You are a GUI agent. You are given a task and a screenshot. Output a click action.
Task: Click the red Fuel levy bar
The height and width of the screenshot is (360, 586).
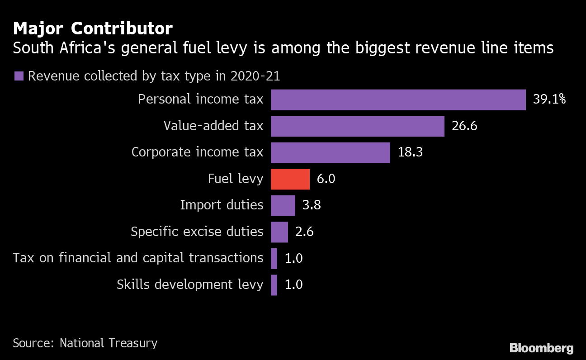coord(290,179)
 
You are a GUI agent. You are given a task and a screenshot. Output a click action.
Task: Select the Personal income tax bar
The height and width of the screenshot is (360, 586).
coord(398,99)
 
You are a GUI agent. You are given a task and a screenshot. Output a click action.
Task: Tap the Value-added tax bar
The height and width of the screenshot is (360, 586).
coord(358,126)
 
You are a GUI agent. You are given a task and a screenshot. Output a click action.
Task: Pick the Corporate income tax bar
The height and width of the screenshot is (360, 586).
coord(331,152)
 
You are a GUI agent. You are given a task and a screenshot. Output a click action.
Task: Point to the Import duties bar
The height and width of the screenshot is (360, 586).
coord(283,205)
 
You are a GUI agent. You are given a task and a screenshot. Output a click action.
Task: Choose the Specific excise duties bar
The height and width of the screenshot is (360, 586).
coord(279,232)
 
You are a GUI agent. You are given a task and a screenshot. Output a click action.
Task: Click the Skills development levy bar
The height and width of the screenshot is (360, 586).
coord(274,285)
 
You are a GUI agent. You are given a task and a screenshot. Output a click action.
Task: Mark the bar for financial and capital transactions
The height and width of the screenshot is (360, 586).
coord(274,258)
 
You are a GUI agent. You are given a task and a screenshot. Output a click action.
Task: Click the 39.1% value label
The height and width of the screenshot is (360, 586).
coord(549,99)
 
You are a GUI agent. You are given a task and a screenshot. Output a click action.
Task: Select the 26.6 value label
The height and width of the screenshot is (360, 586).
coord(464,126)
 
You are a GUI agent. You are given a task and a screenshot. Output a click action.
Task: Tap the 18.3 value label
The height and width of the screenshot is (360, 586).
coord(410,152)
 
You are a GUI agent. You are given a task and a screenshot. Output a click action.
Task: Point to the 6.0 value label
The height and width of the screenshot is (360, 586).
coord(326,179)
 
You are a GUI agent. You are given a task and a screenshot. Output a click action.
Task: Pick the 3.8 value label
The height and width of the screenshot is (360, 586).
coord(312,205)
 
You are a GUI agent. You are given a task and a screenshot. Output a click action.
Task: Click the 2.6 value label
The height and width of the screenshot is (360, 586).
coord(304,232)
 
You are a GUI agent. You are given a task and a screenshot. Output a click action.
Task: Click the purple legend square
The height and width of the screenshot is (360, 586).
coord(19,76)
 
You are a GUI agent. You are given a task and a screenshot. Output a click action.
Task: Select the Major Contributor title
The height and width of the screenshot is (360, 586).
coord(93,29)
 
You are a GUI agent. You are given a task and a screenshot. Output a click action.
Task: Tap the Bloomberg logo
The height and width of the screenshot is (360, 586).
coord(541,348)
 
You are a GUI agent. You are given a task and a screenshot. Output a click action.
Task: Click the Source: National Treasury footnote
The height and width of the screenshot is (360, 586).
coord(85,343)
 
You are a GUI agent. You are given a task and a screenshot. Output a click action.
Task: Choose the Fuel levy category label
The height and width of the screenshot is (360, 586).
coord(235,179)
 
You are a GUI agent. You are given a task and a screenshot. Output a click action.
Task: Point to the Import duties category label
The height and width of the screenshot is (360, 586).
coord(222,205)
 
